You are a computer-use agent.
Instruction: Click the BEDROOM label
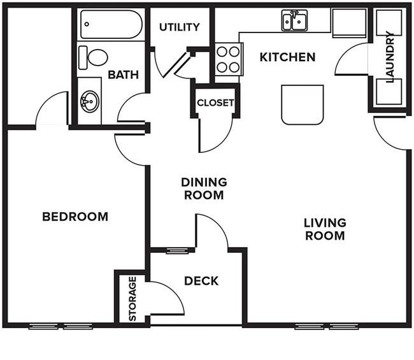(x=75, y=217)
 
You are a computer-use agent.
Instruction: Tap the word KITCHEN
(x=287, y=57)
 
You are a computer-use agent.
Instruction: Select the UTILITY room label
(x=180, y=27)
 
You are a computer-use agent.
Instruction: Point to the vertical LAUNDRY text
(x=390, y=57)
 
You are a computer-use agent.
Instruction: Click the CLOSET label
(x=215, y=103)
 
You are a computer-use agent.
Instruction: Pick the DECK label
(x=201, y=281)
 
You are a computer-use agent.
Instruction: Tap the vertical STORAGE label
(x=132, y=299)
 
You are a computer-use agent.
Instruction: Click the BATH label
(x=124, y=75)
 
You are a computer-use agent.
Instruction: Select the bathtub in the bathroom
(x=111, y=24)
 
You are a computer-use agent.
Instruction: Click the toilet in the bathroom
(x=93, y=57)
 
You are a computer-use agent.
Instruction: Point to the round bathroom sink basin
(x=90, y=101)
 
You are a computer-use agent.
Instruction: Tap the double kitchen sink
(x=295, y=20)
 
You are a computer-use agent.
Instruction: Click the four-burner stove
(x=229, y=59)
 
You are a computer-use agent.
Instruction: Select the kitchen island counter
(x=303, y=104)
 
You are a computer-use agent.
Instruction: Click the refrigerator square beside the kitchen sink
(x=349, y=23)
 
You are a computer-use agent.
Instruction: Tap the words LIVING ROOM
(x=325, y=229)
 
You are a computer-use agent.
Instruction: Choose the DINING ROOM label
(x=204, y=189)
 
